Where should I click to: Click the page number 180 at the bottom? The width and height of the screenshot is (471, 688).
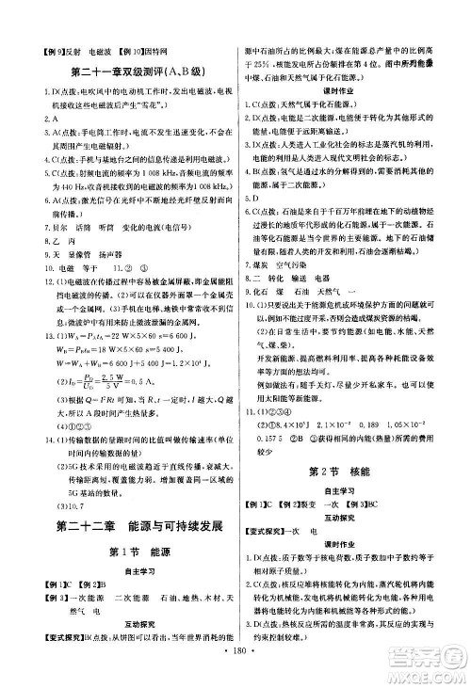point(234,673)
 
